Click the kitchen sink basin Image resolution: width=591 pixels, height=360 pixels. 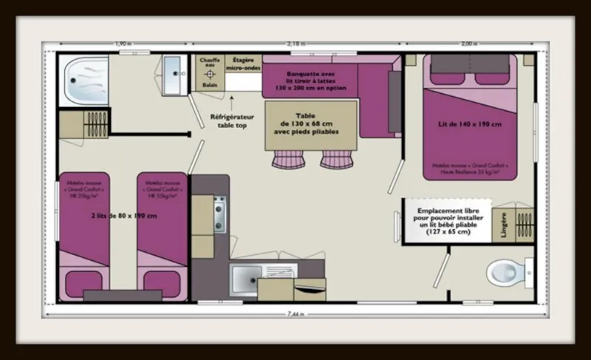pyautogui.click(x=244, y=281)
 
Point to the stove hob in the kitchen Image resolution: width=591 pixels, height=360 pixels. pyautogui.click(x=219, y=214)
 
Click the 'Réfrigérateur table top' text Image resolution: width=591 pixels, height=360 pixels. pyautogui.click(x=232, y=121)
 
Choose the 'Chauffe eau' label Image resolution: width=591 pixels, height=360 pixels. pyautogui.click(x=209, y=63)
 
